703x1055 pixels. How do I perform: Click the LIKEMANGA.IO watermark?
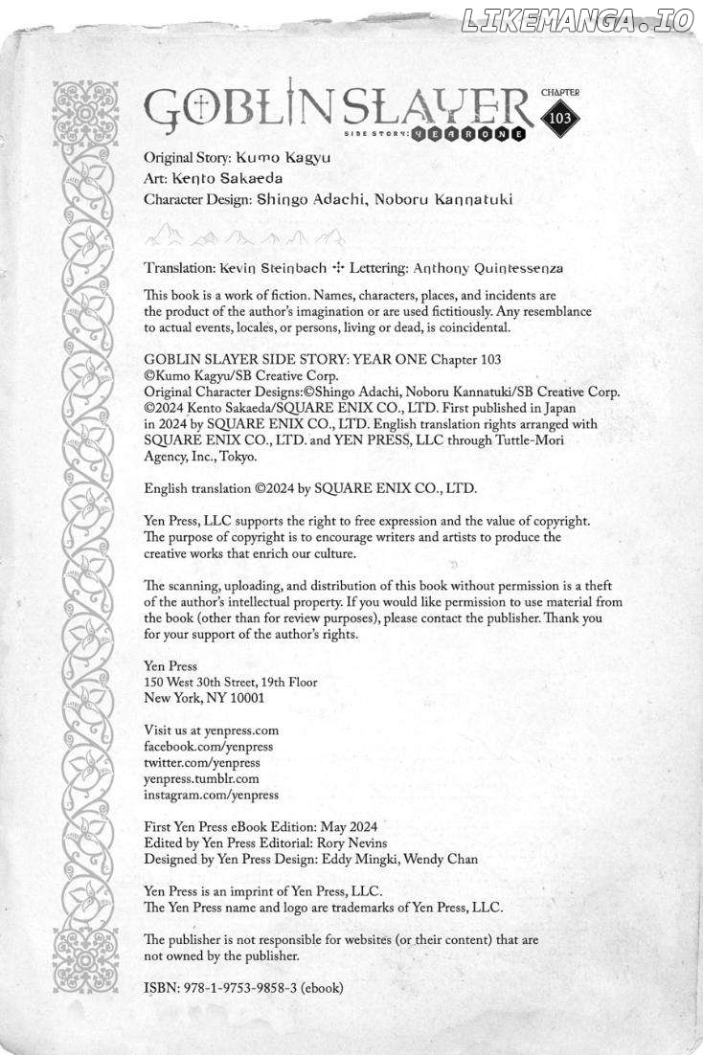pyautogui.click(x=578, y=21)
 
